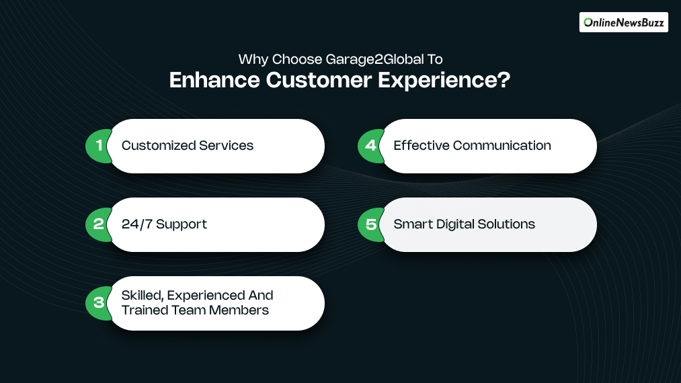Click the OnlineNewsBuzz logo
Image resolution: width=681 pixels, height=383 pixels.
(x=623, y=22)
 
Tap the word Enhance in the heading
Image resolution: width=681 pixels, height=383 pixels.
(x=213, y=80)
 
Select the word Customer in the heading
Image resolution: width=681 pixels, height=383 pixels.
(x=318, y=80)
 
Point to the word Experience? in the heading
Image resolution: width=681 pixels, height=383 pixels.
(x=444, y=80)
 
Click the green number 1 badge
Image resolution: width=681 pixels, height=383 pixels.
(x=98, y=146)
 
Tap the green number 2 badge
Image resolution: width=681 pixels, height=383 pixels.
(x=98, y=224)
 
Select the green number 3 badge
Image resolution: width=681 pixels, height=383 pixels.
(x=98, y=303)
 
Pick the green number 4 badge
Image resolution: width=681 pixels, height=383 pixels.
(x=370, y=146)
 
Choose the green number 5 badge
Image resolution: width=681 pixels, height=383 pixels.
(x=370, y=224)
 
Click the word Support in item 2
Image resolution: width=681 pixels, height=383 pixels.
(x=184, y=224)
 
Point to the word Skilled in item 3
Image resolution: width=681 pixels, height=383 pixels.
(x=142, y=296)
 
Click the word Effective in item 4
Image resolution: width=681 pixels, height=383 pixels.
(x=421, y=146)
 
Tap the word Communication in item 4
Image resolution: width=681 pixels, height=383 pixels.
(x=502, y=146)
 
